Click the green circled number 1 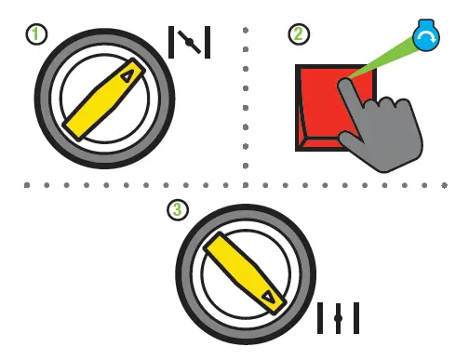tap(34, 35)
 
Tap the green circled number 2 tap(298, 35)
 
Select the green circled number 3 tap(177, 210)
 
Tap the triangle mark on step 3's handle tap(269, 297)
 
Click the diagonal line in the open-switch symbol tap(189, 42)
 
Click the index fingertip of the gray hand tap(345, 86)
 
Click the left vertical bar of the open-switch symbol tap(171, 42)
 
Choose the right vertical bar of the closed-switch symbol tap(355, 317)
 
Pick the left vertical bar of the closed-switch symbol tap(320, 317)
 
